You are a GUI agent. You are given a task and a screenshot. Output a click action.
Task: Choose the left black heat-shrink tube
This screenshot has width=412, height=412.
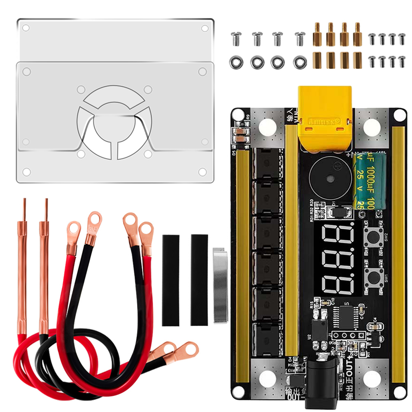(171, 280)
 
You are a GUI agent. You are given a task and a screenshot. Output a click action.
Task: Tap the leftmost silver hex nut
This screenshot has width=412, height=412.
(235, 62)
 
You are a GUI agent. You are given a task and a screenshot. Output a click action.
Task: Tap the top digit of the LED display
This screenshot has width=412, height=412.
(338, 239)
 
